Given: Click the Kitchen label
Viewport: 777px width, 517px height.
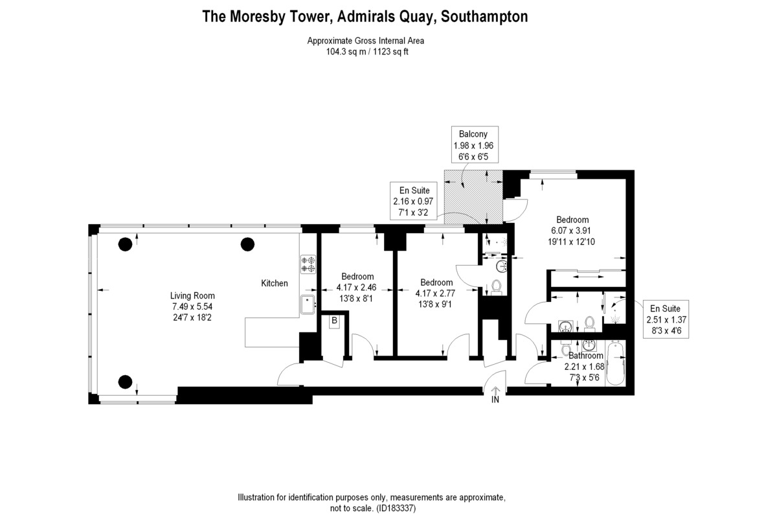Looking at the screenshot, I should pos(274,283).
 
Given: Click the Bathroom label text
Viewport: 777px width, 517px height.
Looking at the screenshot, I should pos(586,356).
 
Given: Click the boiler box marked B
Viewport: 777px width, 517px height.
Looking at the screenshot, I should pos(335,321).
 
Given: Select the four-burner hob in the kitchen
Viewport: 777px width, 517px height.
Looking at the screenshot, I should pos(308,264).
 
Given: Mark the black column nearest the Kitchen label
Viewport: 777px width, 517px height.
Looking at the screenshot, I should pos(247,244).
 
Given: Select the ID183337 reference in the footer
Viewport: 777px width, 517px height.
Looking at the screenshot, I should pos(397,509).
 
